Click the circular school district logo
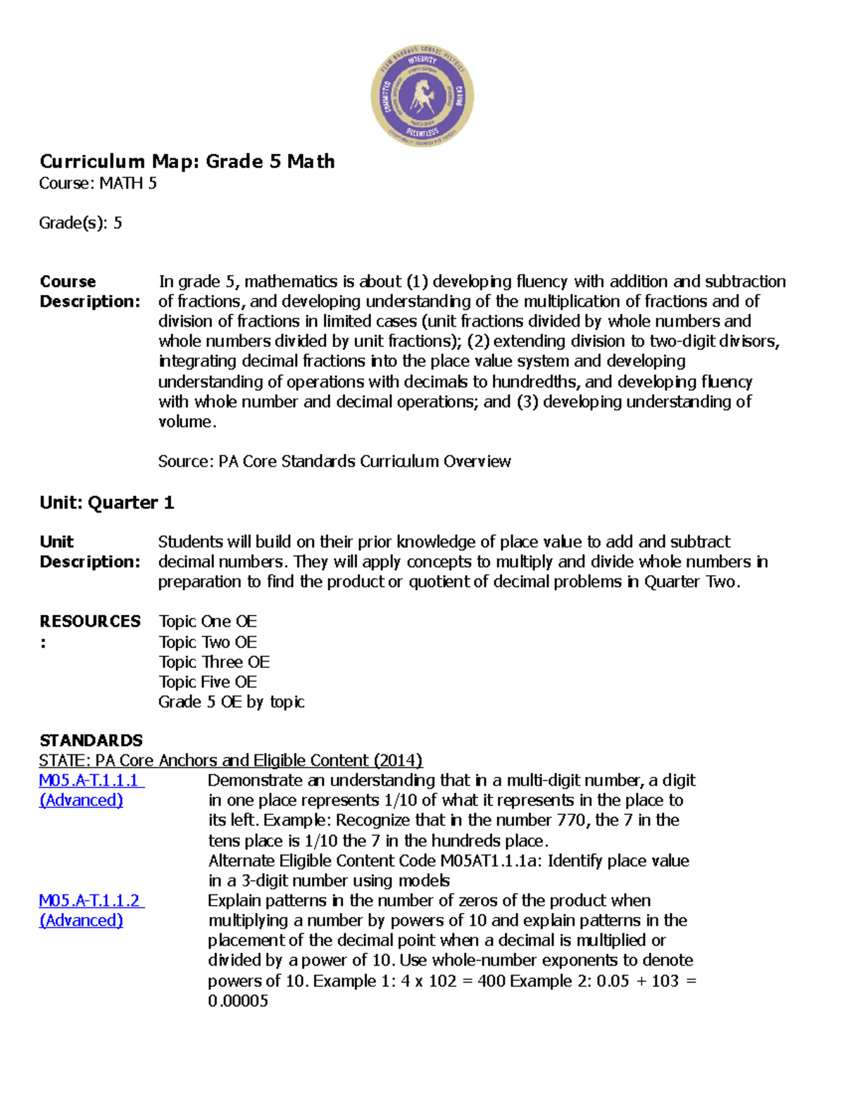[x=422, y=96]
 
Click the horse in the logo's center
[x=423, y=96]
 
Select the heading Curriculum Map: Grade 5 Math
[x=187, y=161]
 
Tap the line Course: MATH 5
[x=98, y=184]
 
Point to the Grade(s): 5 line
[x=80, y=223]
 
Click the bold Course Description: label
[x=89, y=291]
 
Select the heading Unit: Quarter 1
[x=106, y=503]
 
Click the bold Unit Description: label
[x=89, y=552]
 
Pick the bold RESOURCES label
[x=90, y=621]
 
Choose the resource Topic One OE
[x=208, y=621]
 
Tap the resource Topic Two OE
[x=208, y=642]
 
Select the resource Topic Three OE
[x=214, y=662]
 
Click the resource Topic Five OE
[x=208, y=682]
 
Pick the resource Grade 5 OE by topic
[x=231, y=702]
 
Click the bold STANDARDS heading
[x=91, y=740]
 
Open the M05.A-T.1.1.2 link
[x=89, y=901]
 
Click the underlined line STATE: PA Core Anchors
[x=230, y=761]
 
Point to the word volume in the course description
[x=184, y=422]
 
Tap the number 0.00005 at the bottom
[x=238, y=1001]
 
